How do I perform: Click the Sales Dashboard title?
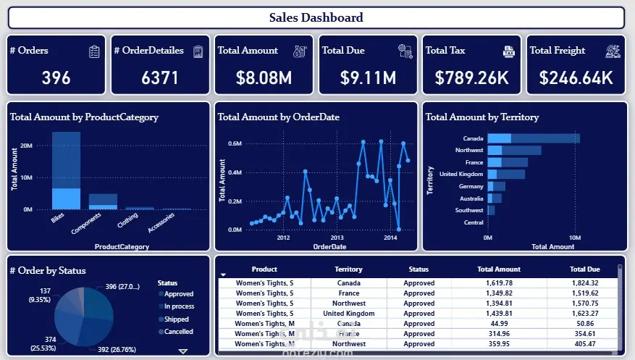[316, 17]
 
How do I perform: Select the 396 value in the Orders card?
[56, 78]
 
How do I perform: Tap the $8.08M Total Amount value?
[263, 78]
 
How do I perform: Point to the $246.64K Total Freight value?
[576, 78]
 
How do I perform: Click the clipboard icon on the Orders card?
[94, 51]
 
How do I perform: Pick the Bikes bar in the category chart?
[66, 170]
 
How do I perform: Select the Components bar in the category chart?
[103, 201]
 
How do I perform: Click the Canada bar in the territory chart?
[534, 138]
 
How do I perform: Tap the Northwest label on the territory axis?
[469, 151]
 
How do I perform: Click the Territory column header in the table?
[349, 269]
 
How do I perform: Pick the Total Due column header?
[584, 269]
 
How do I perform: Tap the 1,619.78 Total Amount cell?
[500, 283]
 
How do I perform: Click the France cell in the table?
[349, 293]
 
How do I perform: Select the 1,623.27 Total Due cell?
[584, 314]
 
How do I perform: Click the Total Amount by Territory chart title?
[481, 117]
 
